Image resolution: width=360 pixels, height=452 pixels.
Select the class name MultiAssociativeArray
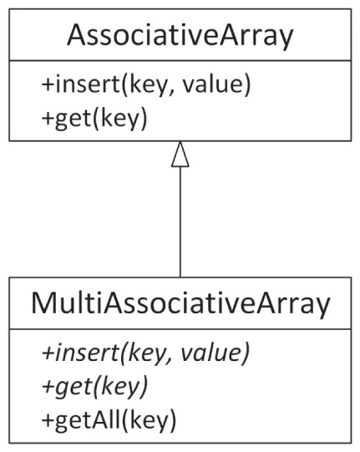tap(180, 304)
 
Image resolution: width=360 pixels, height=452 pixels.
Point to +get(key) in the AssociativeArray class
tap(94, 118)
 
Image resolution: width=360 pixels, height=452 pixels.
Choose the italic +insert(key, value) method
tap(144, 353)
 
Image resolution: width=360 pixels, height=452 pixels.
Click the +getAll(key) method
tap(108, 418)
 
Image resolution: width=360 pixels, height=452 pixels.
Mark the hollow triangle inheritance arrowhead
tap(180, 155)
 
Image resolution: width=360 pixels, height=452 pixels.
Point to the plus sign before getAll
tap(46, 419)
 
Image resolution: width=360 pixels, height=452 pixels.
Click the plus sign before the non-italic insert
tap(47, 85)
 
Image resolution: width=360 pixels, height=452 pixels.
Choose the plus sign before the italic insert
tap(46, 353)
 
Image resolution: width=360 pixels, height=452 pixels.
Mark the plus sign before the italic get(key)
tap(46, 386)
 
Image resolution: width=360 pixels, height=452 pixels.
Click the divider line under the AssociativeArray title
tap(180, 61)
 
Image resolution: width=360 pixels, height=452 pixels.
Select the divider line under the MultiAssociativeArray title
tap(180, 329)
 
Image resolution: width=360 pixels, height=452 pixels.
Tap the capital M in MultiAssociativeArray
tap(47, 304)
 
